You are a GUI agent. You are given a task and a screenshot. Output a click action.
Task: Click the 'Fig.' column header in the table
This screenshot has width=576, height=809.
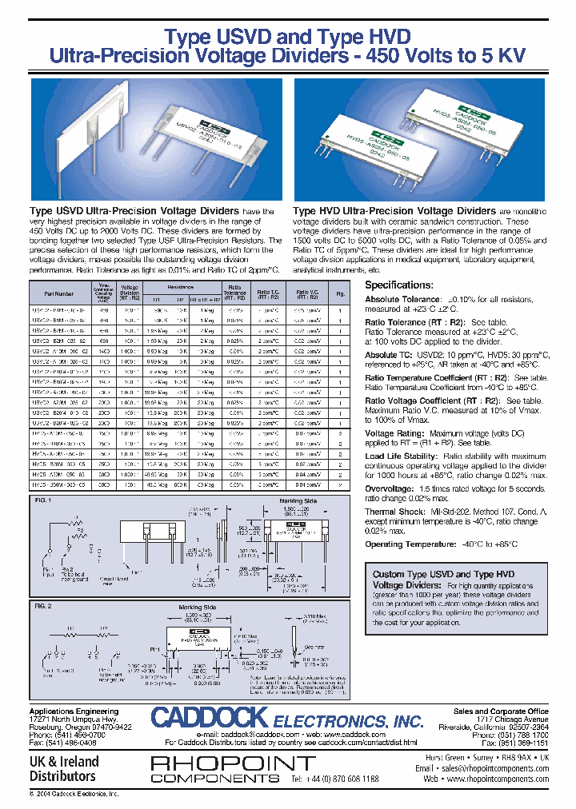[x=340, y=293]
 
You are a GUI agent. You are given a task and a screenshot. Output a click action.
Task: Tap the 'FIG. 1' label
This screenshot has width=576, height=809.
[x=42, y=500]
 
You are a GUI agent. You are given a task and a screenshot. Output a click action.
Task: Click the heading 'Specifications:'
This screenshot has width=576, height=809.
[x=399, y=285]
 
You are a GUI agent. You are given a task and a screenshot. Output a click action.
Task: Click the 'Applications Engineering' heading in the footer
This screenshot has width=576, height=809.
[x=74, y=711]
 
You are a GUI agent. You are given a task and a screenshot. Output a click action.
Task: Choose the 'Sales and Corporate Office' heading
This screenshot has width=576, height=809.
[x=501, y=711]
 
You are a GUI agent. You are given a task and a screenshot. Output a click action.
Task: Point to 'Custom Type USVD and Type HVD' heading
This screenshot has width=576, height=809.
[x=444, y=574]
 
